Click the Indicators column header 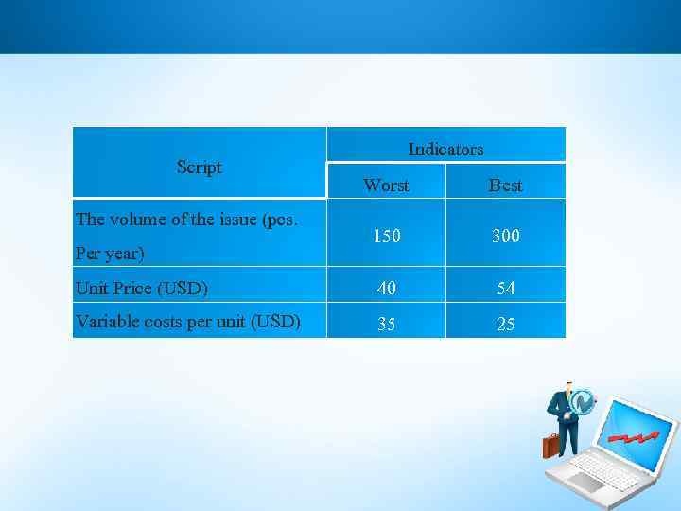click(445, 149)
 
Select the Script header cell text click(200, 167)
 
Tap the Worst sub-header click(386, 185)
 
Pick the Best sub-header click(505, 185)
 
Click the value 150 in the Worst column click(386, 236)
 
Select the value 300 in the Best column click(505, 236)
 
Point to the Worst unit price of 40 click(386, 288)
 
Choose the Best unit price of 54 click(505, 288)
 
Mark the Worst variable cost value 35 click(386, 324)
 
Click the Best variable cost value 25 click(505, 324)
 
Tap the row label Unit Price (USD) click(142, 288)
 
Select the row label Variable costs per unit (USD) click(187, 322)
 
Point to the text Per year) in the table click(110, 254)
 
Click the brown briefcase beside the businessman click(550, 445)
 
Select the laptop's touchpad click(585, 482)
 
